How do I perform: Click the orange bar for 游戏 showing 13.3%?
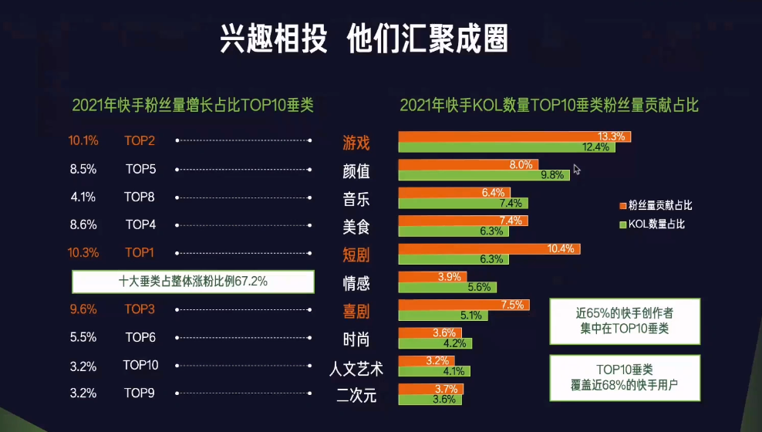click(x=514, y=137)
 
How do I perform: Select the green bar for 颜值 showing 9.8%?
click(x=484, y=175)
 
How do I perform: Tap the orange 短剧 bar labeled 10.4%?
click(x=489, y=249)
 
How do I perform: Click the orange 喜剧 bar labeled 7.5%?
click(x=464, y=305)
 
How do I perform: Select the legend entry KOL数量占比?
click(x=651, y=224)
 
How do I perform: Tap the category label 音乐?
click(x=356, y=197)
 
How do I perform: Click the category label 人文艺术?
click(x=356, y=367)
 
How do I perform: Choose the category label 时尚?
click(x=356, y=339)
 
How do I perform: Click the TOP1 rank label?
click(x=140, y=252)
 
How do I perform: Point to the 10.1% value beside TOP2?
click(x=83, y=141)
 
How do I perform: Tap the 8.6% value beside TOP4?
click(x=83, y=224)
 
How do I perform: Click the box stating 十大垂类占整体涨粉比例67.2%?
click(x=193, y=282)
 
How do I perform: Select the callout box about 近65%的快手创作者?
click(x=625, y=321)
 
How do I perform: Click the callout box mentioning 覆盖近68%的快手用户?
click(x=625, y=378)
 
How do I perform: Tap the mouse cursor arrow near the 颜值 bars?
click(x=576, y=169)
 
